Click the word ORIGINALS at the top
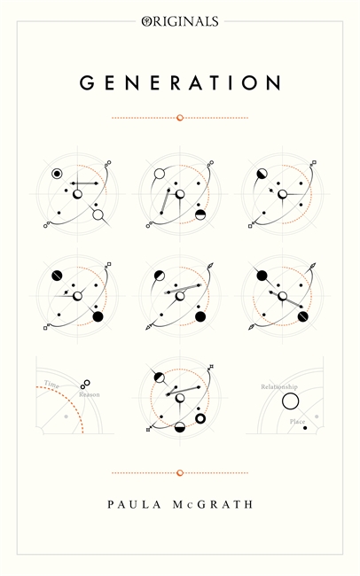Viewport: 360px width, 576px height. pyautogui.click(x=180, y=21)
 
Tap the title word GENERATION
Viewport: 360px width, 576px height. pyautogui.click(x=180, y=83)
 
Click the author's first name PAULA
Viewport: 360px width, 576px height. pyautogui.click(x=134, y=504)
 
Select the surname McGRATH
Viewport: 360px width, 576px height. pyautogui.click(x=213, y=504)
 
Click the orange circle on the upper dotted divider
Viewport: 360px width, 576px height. pyautogui.click(x=180, y=118)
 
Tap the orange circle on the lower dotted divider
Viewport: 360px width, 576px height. pyautogui.click(x=180, y=473)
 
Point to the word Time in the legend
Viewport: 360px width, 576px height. pyautogui.click(x=51, y=385)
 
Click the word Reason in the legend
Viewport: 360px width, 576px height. pyautogui.click(x=90, y=394)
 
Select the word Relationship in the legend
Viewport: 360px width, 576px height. pyautogui.click(x=279, y=386)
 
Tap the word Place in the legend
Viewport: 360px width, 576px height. pyautogui.click(x=297, y=421)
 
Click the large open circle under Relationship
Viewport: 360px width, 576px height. pyautogui.click(x=290, y=401)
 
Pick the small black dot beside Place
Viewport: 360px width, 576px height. pyautogui.click(x=305, y=428)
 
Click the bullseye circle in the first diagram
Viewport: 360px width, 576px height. pyautogui.click(x=57, y=174)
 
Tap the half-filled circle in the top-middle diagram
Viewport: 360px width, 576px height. pyautogui.click(x=200, y=215)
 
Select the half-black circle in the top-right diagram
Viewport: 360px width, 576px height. pyautogui.click(x=262, y=174)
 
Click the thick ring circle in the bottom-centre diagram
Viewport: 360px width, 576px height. pyautogui.click(x=200, y=418)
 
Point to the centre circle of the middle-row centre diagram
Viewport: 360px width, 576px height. pyautogui.click(x=180, y=296)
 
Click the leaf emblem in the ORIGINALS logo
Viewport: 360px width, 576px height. pyautogui.click(x=145, y=21)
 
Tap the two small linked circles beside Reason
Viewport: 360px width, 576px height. pyautogui.click(x=85, y=385)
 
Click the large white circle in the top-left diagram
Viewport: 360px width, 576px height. pyautogui.click(x=98, y=215)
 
